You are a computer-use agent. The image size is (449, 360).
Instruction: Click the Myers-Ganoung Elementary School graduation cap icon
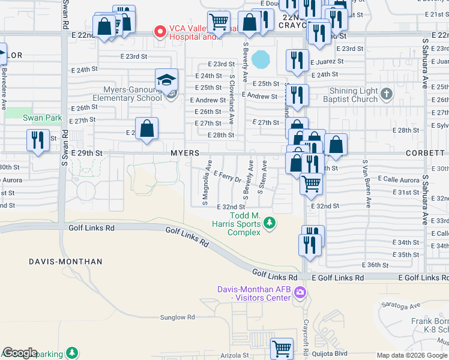pyautogui.click(x=167, y=79)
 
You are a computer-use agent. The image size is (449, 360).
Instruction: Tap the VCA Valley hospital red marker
pyautogui.click(x=160, y=31)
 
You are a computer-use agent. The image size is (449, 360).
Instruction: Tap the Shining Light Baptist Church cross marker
pyautogui.click(x=386, y=94)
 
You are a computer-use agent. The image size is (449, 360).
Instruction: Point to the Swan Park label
pyautogui.click(x=42, y=118)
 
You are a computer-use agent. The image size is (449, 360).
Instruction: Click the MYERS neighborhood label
pyautogui.click(x=184, y=154)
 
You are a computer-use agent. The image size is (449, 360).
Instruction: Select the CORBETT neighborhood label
pyautogui.click(x=425, y=154)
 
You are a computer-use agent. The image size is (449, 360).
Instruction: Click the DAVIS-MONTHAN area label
pyautogui.click(x=65, y=262)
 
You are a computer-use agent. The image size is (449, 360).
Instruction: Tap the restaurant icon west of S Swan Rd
pyautogui.click(x=38, y=140)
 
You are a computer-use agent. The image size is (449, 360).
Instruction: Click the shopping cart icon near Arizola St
pyautogui.click(x=282, y=348)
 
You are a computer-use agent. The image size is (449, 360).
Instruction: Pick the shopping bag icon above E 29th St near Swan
pyautogui.click(x=147, y=128)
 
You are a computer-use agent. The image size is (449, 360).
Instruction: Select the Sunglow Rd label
pyautogui.click(x=178, y=317)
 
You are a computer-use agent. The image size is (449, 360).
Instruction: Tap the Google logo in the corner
pyautogui.click(x=20, y=353)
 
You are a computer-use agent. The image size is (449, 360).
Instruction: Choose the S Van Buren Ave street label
pyautogui.click(x=364, y=176)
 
